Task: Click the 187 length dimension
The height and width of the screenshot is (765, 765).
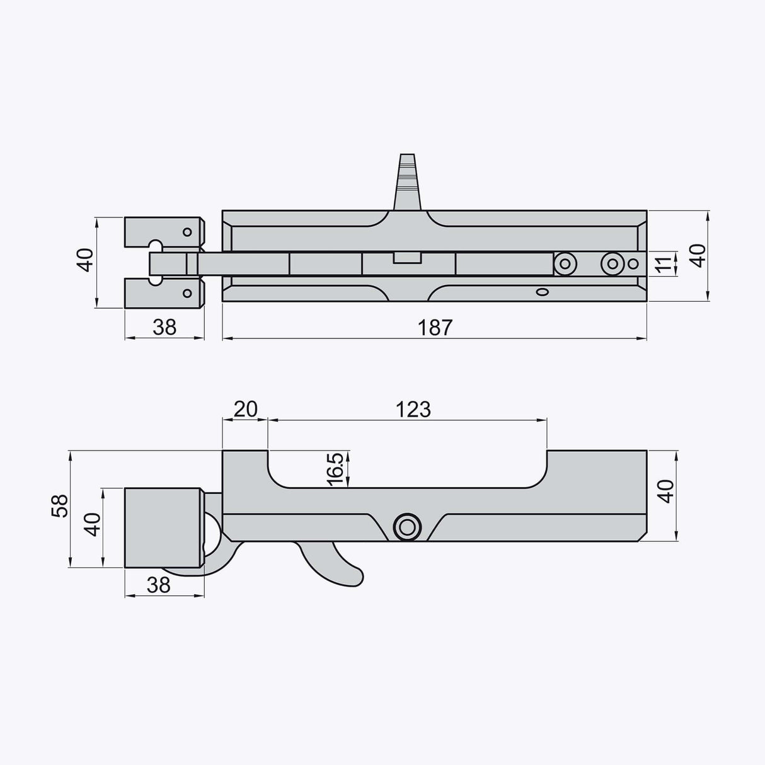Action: click(435, 327)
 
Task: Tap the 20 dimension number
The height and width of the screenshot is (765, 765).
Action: click(245, 409)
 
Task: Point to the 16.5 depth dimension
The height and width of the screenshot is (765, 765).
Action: click(335, 469)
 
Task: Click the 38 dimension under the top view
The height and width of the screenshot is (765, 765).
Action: click(164, 327)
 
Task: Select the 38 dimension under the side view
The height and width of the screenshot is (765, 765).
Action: click(159, 585)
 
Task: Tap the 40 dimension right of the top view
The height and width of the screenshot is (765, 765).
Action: click(698, 256)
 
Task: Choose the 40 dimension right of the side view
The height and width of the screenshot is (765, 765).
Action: click(666, 490)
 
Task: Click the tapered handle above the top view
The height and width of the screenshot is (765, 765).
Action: click(407, 183)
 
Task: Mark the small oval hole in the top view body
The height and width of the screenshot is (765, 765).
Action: click(541, 292)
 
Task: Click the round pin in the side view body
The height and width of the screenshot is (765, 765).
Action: click(406, 526)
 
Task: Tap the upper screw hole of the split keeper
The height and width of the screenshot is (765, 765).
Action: click(187, 232)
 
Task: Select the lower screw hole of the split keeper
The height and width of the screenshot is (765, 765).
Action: click(187, 292)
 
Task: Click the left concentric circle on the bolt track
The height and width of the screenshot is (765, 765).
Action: click(564, 263)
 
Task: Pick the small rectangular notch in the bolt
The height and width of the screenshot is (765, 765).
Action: click(407, 258)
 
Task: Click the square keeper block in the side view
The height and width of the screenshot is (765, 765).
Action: click(163, 527)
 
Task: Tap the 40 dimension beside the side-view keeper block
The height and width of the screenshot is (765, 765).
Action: click(93, 524)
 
